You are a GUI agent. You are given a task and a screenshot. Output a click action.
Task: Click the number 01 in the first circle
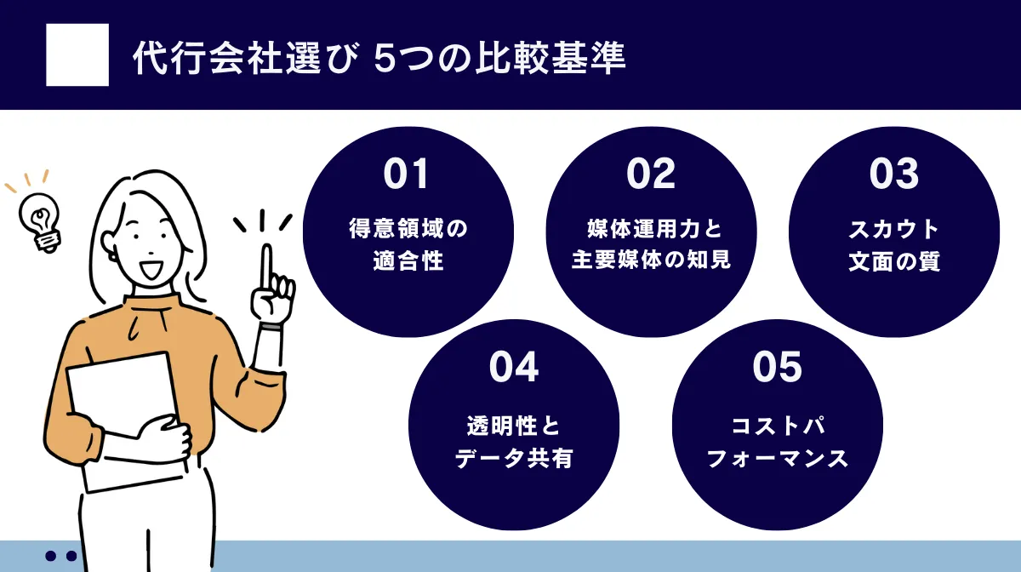(x=407, y=174)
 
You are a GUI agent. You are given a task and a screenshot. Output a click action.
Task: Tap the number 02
(x=651, y=174)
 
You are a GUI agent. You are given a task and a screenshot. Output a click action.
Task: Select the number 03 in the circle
(x=894, y=174)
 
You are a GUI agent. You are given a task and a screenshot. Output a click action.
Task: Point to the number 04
(x=514, y=367)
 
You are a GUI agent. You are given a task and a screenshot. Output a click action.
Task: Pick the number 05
(x=778, y=367)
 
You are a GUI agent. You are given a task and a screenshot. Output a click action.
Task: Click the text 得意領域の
(x=408, y=229)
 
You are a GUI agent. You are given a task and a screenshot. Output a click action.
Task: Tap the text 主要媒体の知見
(x=651, y=260)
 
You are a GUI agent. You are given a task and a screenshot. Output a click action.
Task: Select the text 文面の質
(x=894, y=260)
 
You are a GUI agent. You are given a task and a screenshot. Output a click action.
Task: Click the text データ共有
(x=514, y=459)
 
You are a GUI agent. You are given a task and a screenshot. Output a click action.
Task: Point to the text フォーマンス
(x=778, y=459)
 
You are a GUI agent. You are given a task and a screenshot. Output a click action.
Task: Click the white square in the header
(x=77, y=54)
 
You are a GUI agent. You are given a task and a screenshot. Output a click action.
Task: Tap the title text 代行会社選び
(x=242, y=58)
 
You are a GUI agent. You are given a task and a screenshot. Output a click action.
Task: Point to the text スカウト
(x=894, y=229)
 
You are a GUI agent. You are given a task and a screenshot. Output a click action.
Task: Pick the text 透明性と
(x=514, y=427)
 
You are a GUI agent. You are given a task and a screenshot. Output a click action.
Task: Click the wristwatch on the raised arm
(x=271, y=326)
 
